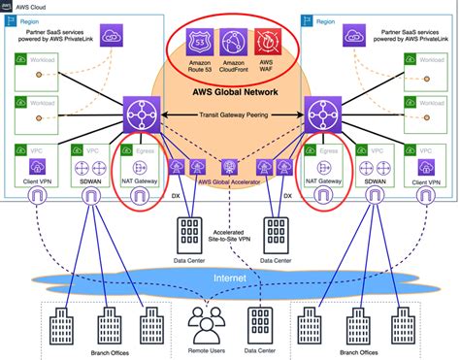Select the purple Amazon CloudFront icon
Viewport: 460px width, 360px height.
(x=230, y=42)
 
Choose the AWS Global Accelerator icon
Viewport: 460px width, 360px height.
(x=230, y=167)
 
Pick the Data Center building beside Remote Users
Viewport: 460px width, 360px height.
(x=257, y=317)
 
